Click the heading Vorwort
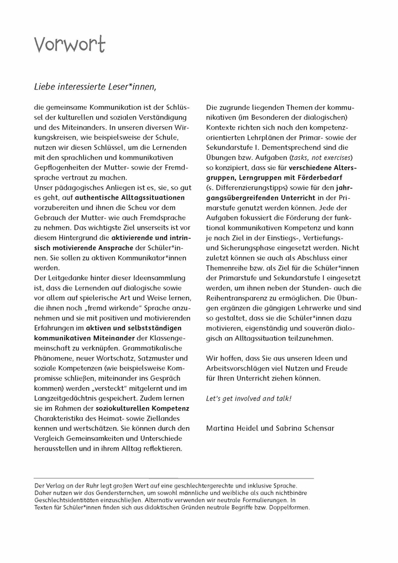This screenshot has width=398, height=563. [69, 44]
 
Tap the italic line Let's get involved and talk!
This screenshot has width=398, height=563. [249, 399]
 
